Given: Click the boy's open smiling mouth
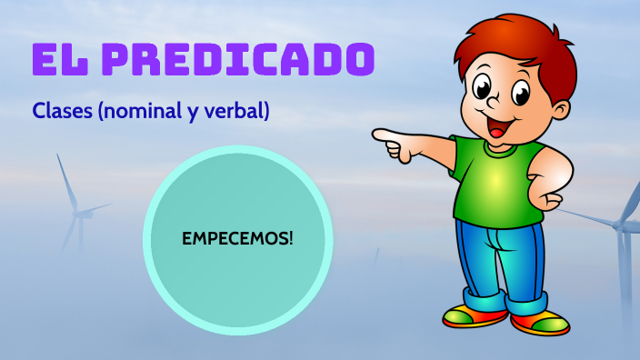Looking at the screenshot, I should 499,128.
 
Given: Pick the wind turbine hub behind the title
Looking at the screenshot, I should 79,214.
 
